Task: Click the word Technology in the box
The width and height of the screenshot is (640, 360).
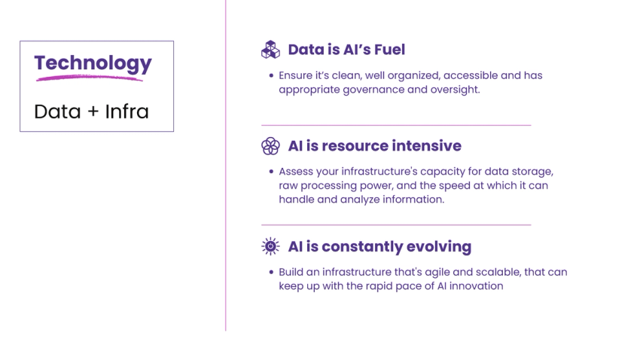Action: click(93, 63)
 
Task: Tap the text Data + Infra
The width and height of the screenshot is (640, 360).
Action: click(91, 111)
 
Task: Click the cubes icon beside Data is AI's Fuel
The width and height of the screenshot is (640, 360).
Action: click(270, 50)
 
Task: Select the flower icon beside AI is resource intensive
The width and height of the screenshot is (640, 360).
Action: click(270, 145)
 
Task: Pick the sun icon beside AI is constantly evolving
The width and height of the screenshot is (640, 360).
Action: click(270, 246)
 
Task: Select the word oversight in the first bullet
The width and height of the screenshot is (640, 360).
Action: click(453, 89)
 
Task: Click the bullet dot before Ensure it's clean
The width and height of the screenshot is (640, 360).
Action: click(271, 76)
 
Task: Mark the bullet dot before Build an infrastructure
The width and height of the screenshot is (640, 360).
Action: click(271, 272)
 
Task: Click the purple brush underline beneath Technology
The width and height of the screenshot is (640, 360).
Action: click(89, 77)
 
